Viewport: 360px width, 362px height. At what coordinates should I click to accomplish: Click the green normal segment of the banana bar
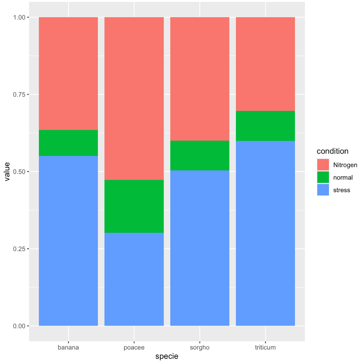coord(68,143)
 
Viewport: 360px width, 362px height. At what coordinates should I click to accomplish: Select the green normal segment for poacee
coord(134,206)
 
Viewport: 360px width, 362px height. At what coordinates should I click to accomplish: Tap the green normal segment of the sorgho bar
coord(200,155)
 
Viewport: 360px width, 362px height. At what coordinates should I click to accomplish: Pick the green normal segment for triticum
coord(265,126)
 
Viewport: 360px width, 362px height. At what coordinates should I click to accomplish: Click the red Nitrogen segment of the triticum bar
coord(265,64)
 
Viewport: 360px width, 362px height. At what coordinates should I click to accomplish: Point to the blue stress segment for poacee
coord(134,279)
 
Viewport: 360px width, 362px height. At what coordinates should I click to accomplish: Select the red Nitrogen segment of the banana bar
coord(68,73)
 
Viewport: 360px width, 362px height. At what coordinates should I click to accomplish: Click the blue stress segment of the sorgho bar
coord(200,248)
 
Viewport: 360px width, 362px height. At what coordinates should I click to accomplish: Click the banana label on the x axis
coord(68,347)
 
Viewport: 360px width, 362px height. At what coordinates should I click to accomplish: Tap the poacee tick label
coord(134,347)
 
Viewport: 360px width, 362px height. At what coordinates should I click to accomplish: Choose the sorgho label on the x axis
coord(200,347)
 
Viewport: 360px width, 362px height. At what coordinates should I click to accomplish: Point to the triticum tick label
coord(265,347)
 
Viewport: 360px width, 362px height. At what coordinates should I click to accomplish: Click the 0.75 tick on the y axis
coord(19,94)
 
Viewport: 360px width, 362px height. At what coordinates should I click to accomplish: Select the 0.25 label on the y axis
coord(19,249)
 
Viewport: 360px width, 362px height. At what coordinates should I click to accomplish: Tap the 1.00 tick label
coord(19,17)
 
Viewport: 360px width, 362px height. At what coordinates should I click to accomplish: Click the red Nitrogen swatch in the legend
coord(323,165)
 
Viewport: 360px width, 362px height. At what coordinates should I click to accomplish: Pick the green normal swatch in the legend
coord(323,177)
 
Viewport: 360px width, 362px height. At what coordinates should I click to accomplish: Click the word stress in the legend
coord(342,190)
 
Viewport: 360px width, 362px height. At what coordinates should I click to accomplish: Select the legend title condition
coord(332,151)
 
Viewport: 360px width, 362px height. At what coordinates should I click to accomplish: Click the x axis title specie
coord(167,356)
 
